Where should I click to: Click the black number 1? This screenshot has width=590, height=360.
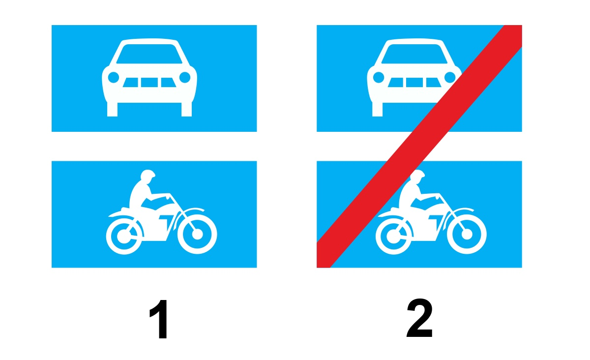[159, 319]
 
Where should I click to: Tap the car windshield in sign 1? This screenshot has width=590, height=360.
[149, 54]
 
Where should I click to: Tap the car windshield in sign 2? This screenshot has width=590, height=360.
[414, 54]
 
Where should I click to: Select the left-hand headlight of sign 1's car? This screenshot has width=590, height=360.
[114, 77]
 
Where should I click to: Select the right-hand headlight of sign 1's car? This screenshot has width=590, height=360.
[185, 77]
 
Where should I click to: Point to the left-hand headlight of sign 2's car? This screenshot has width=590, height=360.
[379, 77]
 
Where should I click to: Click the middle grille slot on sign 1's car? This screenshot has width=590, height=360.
[149, 83]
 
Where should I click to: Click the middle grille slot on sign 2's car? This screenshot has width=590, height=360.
[414, 83]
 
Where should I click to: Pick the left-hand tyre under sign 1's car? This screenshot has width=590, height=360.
[112, 109]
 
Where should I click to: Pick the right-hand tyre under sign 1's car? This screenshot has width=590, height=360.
[186, 109]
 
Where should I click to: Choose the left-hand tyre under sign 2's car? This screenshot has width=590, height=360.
[377, 109]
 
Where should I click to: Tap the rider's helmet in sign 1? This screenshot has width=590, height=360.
[147, 175]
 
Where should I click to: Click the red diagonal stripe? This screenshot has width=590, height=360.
[419, 146]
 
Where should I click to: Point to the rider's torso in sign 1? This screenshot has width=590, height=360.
[139, 195]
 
